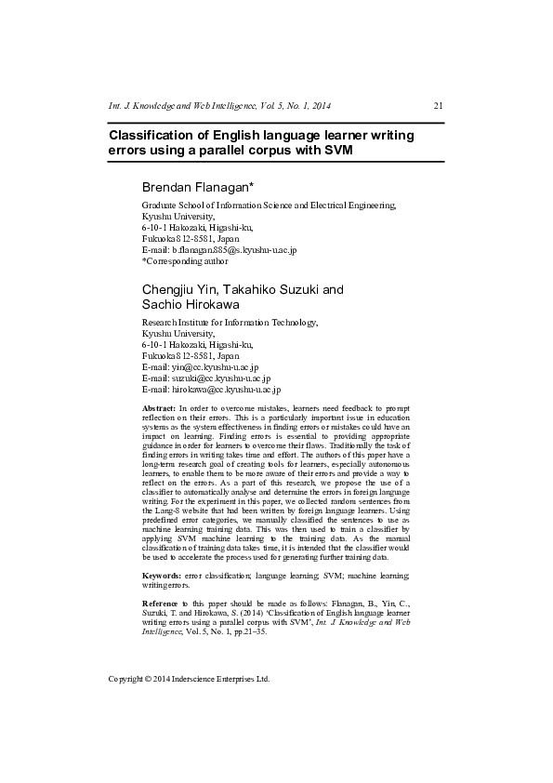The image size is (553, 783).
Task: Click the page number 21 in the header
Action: [x=439, y=105]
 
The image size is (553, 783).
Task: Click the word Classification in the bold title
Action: [x=153, y=136]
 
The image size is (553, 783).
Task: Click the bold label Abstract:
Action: [x=159, y=409]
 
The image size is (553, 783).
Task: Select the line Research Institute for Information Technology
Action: [x=230, y=323]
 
